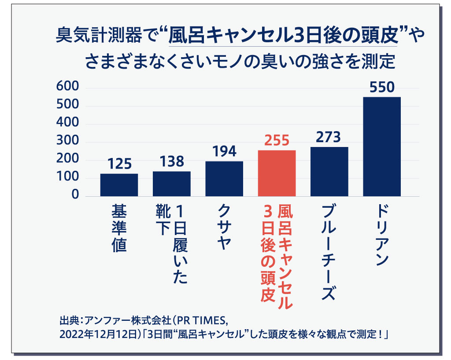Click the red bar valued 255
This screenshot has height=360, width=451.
click(x=277, y=173)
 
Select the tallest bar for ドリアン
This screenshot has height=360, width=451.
click(x=382, y=147)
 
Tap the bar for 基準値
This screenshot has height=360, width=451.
click(x=119, y=185)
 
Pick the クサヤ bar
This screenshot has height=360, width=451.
click(x=224, y=179)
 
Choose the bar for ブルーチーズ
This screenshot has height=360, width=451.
click(x=329, y=172)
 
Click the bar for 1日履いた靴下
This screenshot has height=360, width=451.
click(x=171, y=184)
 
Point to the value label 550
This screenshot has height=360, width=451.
click(x=382, y=88)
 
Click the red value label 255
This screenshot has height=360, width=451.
click(x=277, y=141)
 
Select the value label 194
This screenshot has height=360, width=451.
click(x=224, y=152)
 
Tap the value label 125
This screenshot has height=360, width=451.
click(x=119, y=165)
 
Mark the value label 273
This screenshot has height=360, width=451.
click(x=329, y=137)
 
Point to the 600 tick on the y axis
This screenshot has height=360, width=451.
click(x=67, y=88)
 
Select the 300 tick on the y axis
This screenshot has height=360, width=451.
click(x=67, y=142)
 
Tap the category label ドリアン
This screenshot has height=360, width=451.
click(x=381, y=235)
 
